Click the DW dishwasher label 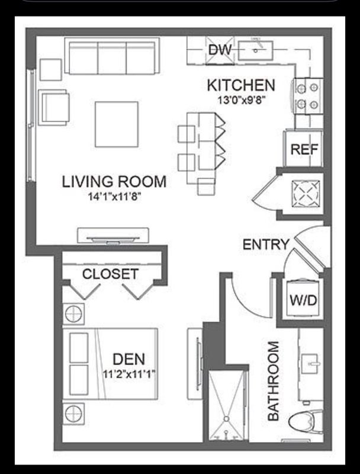pyautogui.click(x=220, y=50)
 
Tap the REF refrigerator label pyautogui.click(x=304, y=149)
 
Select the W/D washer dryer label pyautogui.click(x=303, y=300)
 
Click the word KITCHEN pyautogui.click(x=241, y=85)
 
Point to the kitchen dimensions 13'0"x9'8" pyautogui.click(x=242, y=100)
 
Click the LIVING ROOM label pyautogui.click(x=114, y=182)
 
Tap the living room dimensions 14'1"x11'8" pyautogui.click(x=114, y=197)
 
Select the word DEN pyautogui.click(x=128, y=359)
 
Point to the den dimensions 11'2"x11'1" pyautogui.click(x=129, y=374)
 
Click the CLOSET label pyautogui.click(x=110, y=274)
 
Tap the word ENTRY pyautogui.click(x=266, y=244)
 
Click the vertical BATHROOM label pyautogui.click(x=274, y=381)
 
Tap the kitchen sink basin pyautogui.click(x=256, y=51)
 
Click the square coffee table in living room pyautogui.click(x=117, y=124)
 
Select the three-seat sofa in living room pyautogui.click(x=112, y=56)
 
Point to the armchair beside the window pyautogui.click(x=54, y=107)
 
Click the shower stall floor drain pyautogui.click(x=226, y=418)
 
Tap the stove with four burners pyautogui.click(x=308, y=96)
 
